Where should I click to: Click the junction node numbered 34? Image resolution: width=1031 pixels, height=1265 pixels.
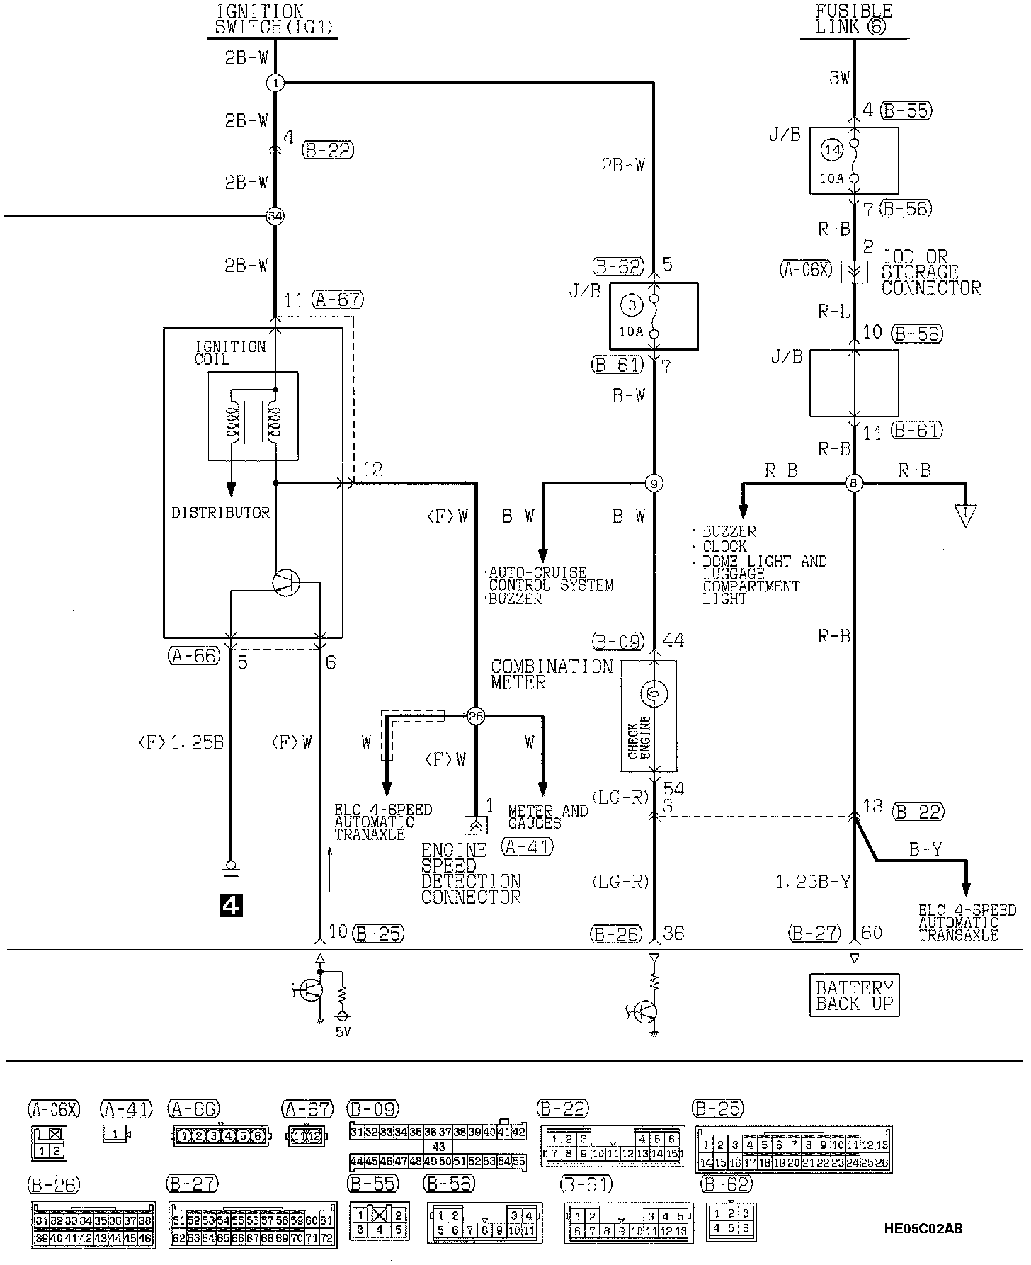click(x=275, y=216)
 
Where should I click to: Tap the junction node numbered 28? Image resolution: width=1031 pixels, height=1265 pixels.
click(x=476, y=717)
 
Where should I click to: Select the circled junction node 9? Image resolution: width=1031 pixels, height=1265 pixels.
click(x=654, y=484)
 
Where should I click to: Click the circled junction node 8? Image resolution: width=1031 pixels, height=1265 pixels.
click(x=854, y=484)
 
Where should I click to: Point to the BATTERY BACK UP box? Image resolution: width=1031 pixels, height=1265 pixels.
click(x=854, y=996)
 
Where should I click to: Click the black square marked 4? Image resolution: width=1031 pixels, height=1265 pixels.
click(x=232, y=904)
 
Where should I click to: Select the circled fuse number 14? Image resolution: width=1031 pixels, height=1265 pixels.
click(x=832, y=149)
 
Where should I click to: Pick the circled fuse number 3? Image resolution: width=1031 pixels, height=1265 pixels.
click(x=632, y=305)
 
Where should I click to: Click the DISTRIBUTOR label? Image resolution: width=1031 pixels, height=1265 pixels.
click(x=221, y=512)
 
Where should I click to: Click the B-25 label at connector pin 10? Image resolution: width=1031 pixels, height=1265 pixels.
click(x=377, y=934)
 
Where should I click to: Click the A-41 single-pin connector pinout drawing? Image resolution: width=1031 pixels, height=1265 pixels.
click(x=118, y=1135)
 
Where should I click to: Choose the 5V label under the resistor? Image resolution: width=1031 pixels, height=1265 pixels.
click(x=343, y=1033)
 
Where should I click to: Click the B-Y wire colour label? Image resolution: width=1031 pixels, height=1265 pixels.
click(x=925, y=849)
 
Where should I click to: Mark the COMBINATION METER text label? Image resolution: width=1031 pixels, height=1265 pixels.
click(x=551, y=674)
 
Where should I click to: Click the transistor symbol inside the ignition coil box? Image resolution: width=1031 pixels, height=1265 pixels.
click(x=286, y=583)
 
